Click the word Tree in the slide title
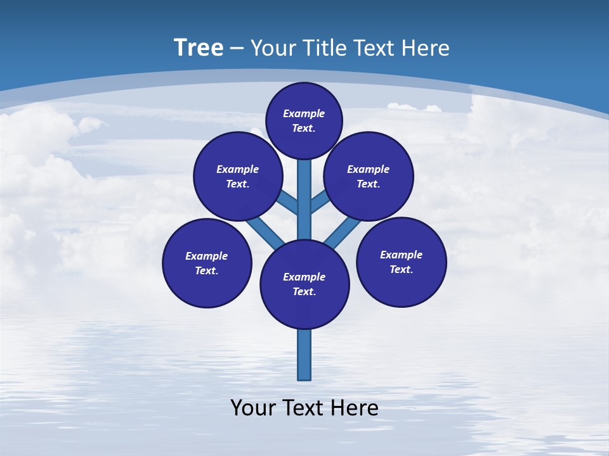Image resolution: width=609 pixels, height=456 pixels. pyautogui.click(x=199, y=47)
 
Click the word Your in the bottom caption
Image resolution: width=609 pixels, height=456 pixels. pyautogui.click(x=252, y=408)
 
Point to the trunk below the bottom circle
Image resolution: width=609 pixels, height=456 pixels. pyautogui.click(x=304, y=355)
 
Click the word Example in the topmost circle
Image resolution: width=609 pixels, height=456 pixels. pyautogui.click(x=304, y=113)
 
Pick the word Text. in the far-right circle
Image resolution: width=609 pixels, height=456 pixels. pyautogui.click(x=402, y=269)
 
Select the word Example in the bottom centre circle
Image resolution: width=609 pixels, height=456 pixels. pyautogui.click(x=304, y=277)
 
